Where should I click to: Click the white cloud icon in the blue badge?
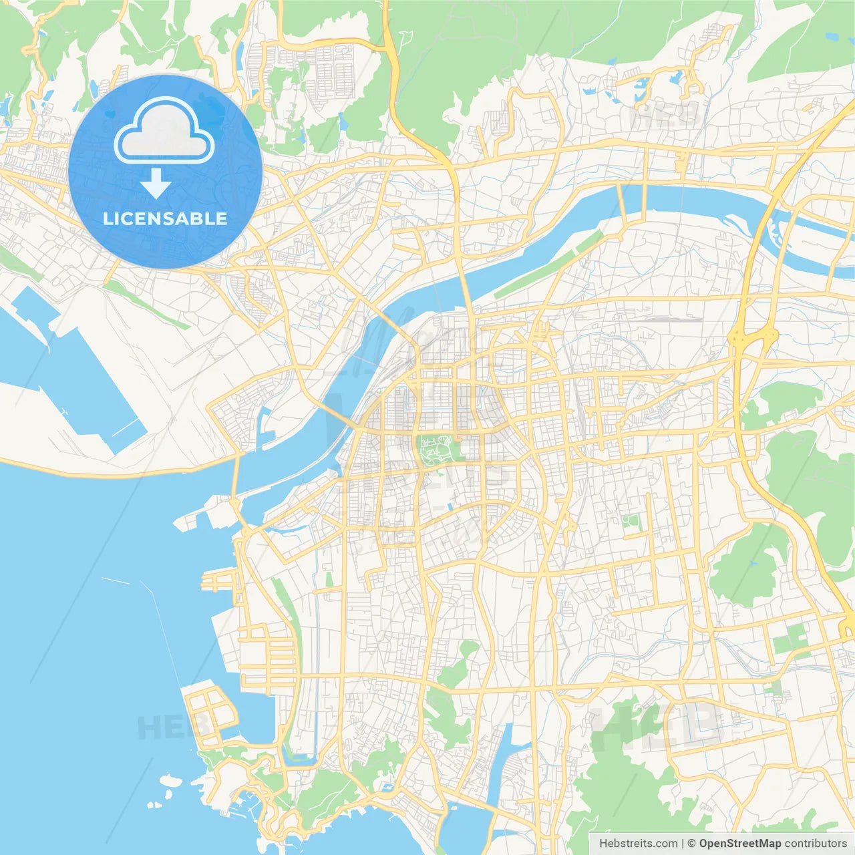tap(164, 131)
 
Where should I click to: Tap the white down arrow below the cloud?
tap(156, 183)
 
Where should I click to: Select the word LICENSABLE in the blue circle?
tap(165, 218)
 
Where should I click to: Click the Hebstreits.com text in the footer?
tap(638, 844)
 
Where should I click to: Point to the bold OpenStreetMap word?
tap(739, 844)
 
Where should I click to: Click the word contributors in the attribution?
tap(816, 844)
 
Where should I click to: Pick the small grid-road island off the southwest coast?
tap(209, 712)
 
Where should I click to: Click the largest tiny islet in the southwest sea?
tap(170, 780)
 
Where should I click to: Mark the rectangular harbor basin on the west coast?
tap(80, 381)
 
